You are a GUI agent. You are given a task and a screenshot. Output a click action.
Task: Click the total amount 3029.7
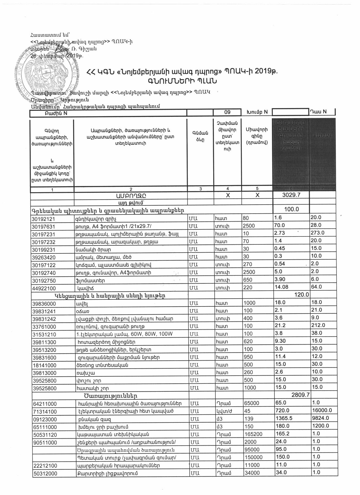point(291,195)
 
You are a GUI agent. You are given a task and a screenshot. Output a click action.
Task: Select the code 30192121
point(44,219)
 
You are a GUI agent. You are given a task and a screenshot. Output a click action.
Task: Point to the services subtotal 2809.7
point(301,395)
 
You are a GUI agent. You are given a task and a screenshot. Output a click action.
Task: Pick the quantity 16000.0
point(322,410)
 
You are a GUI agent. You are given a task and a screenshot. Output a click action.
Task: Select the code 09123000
point(44,419)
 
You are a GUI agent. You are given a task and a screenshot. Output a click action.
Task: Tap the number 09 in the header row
point(227,112)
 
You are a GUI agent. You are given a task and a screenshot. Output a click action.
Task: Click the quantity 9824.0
point(320,418)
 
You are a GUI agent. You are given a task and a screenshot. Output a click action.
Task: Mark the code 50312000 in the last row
point(44,473)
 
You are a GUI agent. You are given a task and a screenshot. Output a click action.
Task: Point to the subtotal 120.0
point(302,295)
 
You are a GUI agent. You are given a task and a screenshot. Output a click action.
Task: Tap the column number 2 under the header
point(130,189)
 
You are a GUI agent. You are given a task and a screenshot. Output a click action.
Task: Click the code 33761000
point(44,327)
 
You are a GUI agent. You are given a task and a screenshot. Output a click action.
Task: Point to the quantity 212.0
point(318,325)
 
